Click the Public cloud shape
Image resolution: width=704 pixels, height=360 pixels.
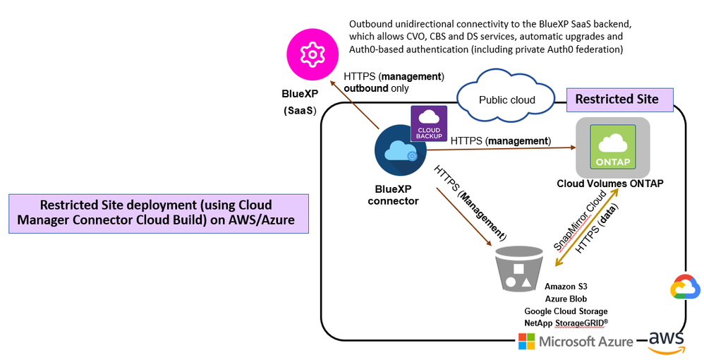(507, 98)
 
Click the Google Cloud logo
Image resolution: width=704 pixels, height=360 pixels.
(685, 287)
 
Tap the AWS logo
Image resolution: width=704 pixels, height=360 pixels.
(667, 341)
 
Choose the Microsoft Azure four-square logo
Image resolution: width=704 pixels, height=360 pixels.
(526, 342)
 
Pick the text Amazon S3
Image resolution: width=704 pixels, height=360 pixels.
(566, 287)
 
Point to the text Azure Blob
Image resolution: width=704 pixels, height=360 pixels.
(566, 299)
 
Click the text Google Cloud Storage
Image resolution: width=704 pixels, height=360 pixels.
(566, 311)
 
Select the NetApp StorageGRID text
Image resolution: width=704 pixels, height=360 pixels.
(566, 323)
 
